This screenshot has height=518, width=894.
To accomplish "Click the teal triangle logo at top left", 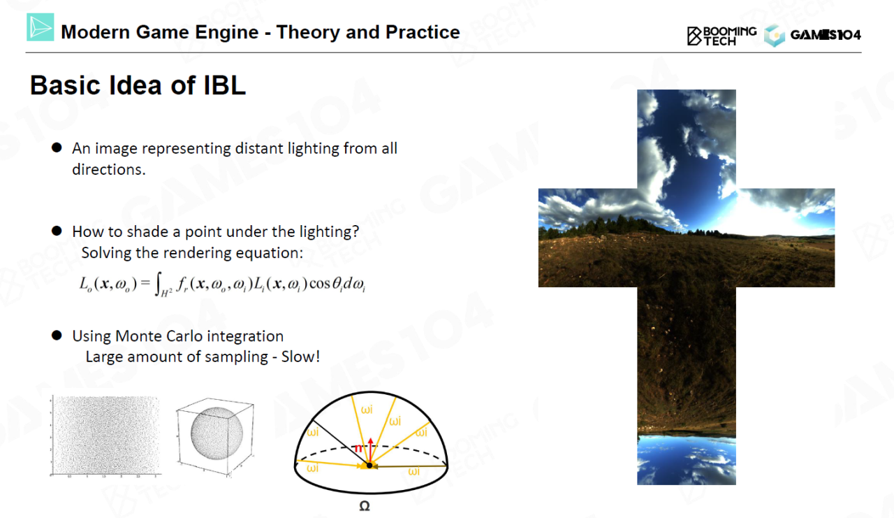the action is point(41,27).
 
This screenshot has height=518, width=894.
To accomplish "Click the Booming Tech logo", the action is point(721,36).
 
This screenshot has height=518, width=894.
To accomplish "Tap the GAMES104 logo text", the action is point(826,35).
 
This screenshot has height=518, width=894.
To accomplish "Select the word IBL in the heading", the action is point(225,85).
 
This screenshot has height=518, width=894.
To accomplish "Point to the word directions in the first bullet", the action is point(109,169).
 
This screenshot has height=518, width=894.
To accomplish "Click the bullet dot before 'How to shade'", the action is point(57,231).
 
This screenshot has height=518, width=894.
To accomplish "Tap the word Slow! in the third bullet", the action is point(300,357).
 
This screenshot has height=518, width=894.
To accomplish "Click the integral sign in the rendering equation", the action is point(159,284).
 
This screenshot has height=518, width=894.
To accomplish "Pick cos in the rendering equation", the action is point(320,284).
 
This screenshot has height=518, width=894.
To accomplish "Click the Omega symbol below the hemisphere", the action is point(365,506).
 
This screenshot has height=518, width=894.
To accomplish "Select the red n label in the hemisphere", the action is point(358,448).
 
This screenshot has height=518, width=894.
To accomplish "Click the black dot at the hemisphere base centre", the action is point(369,466).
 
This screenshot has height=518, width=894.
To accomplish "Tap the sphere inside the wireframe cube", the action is point(217,433).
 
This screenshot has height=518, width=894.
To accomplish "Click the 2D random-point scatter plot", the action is point(105,436).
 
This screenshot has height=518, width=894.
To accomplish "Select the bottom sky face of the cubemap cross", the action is point(687,460).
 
